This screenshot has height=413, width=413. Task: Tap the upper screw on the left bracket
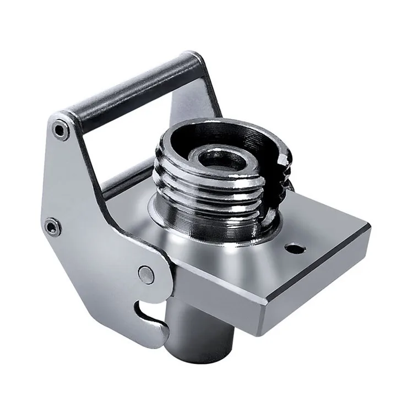click(58, 130)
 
